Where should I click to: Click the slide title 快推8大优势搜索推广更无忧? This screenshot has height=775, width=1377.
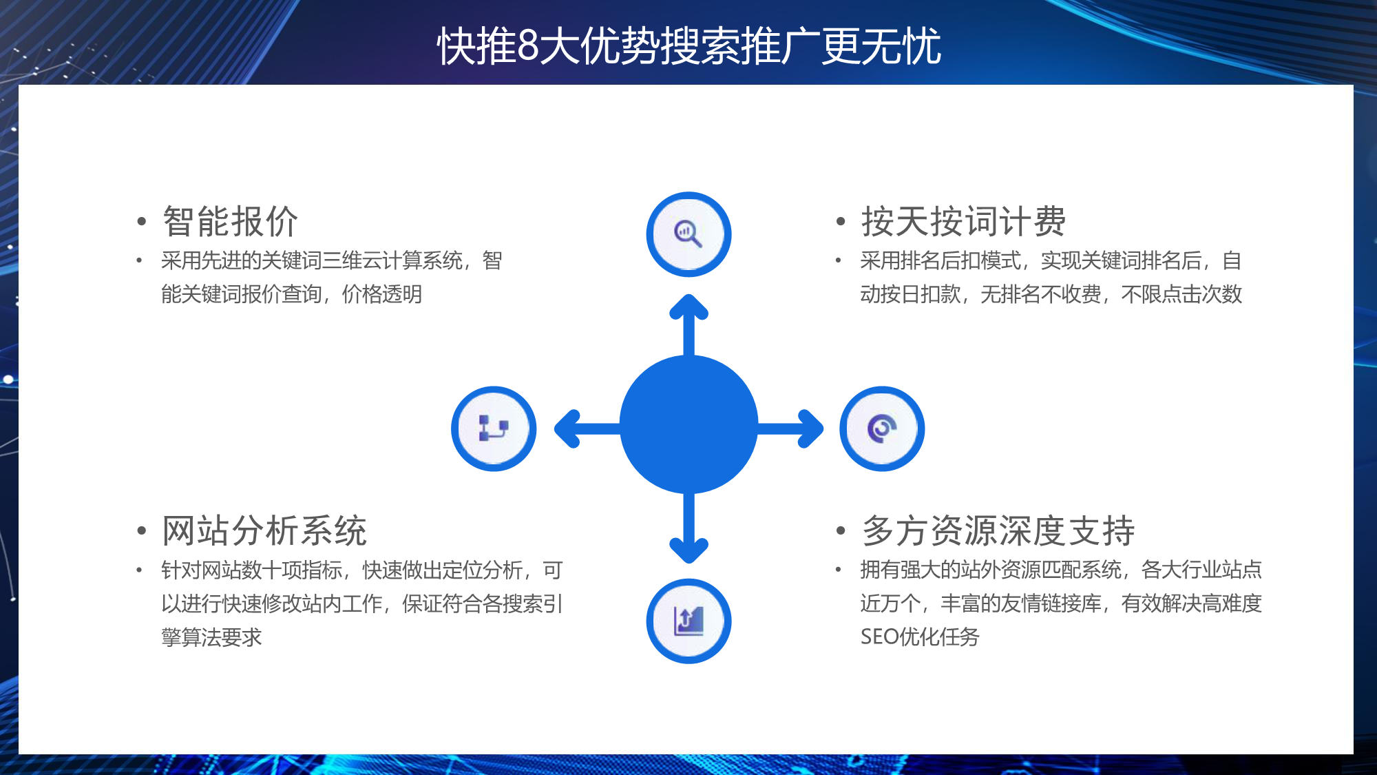tap(688, 46)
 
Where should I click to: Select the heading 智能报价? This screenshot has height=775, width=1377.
tap(231, 221)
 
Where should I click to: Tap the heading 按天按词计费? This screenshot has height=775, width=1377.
tap(964, 221)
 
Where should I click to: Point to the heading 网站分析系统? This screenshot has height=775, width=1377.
tap(264, 530)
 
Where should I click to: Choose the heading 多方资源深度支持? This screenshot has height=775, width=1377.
tap(998, 530)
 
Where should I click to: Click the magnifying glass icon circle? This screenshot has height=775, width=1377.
tap(688, 234)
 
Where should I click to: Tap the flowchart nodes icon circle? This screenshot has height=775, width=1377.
tap(494, 428)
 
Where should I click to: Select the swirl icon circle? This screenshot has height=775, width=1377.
tap(882, 428)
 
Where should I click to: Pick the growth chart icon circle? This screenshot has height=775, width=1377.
tap(688, 621)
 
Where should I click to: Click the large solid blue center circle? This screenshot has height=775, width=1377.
tap(688, 424)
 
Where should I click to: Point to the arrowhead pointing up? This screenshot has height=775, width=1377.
tap(689, 307)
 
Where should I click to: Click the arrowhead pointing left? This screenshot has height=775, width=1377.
tap(567, 428)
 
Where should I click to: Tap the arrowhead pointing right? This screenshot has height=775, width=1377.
tap(810, 428)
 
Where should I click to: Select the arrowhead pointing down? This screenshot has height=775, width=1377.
tap(689, 550)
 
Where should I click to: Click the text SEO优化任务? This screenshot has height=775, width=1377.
tap(920, 637)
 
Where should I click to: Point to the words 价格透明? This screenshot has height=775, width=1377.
tap(382, 294)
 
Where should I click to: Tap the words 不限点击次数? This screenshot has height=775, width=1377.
tap(1181, 294)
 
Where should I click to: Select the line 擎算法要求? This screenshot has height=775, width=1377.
tap(211, 637)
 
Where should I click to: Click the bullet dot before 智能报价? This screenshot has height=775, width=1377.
tap(142, 222)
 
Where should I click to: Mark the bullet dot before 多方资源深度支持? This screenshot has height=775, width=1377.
tap(841, 531)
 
